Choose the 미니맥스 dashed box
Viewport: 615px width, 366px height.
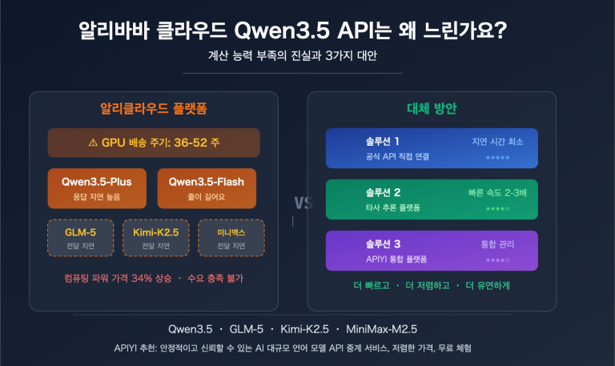230,238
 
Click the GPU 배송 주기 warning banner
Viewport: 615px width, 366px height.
153,143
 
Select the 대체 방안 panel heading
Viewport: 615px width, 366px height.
432,107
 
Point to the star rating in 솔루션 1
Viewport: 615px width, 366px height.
497,158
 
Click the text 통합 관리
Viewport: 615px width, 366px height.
497,244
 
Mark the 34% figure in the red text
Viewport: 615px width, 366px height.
142,279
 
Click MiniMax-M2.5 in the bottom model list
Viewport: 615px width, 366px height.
381,329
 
